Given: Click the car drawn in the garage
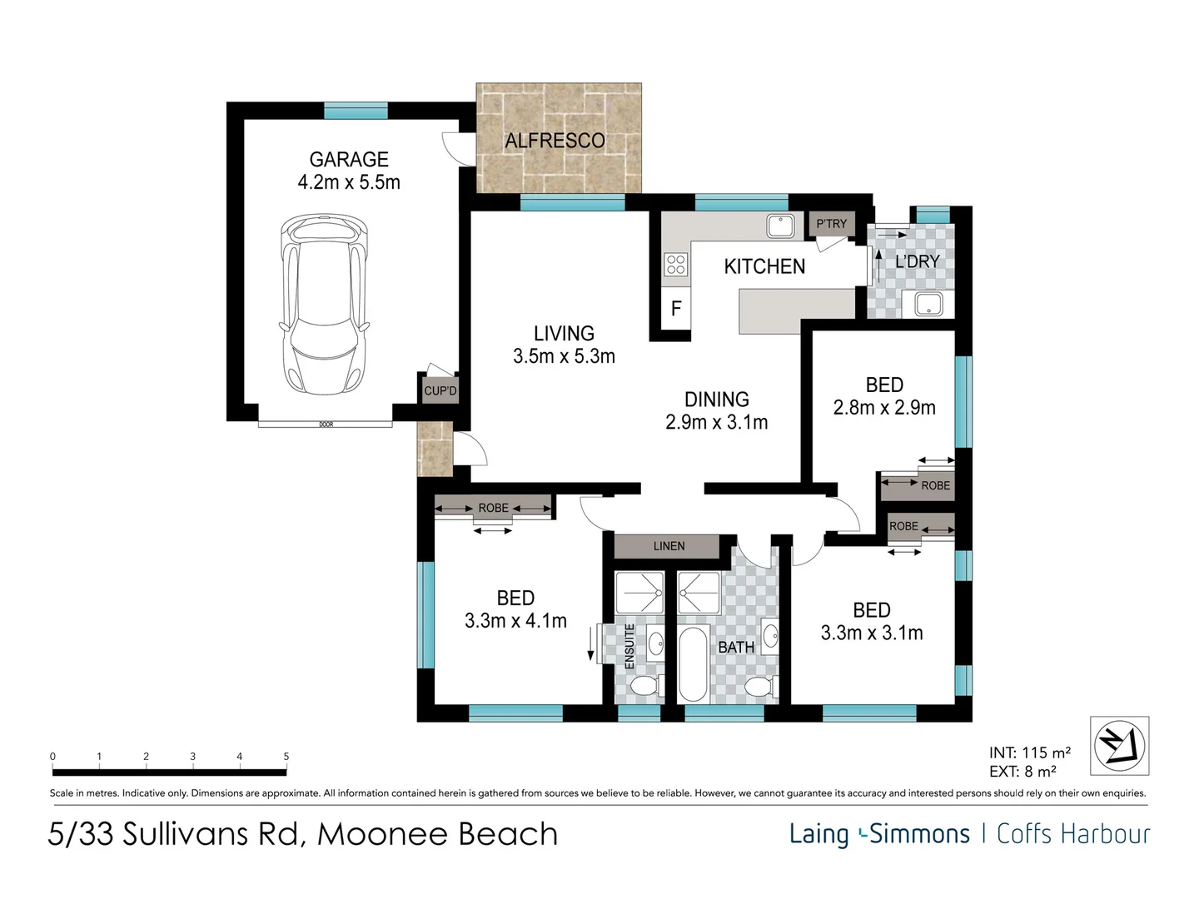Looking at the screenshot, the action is (324, 304).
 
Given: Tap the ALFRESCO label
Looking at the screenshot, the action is (555, 141).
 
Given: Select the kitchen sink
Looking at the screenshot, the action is (780, 226).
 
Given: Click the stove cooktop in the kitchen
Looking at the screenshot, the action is (676, 265).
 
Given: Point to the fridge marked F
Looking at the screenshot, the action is (676, 309).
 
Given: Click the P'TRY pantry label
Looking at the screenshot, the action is (831, 224).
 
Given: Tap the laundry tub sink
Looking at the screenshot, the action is (928, 304).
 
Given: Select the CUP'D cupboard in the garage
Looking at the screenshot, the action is (440, 391).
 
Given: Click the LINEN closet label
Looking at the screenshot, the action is (669, 546).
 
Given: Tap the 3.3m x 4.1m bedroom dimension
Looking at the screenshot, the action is (515, 621).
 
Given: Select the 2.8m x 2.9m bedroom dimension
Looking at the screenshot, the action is (883, 408).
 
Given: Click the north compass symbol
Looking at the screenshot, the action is (1119, 746).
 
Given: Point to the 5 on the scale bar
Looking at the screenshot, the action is (286, 757).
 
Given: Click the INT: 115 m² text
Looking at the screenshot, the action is (1030, 752).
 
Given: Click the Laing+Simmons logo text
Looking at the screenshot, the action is (879, 834).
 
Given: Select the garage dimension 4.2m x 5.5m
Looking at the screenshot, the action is (349, 182).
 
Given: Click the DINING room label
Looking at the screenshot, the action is (717, 400).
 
